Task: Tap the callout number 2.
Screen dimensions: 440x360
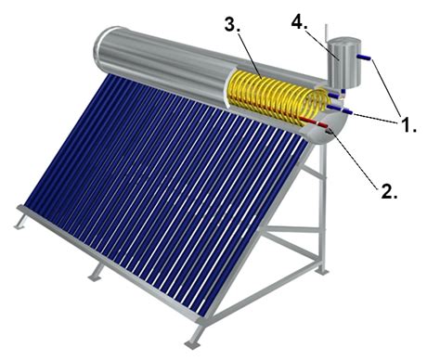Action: pos(388,191)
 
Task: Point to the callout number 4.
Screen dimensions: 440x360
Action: pos(298,23)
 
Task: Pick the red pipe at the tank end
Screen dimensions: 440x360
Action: pos(315,122)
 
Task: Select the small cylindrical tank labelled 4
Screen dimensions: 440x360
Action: pos(344,62)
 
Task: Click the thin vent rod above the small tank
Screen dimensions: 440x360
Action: pos(326,32)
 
